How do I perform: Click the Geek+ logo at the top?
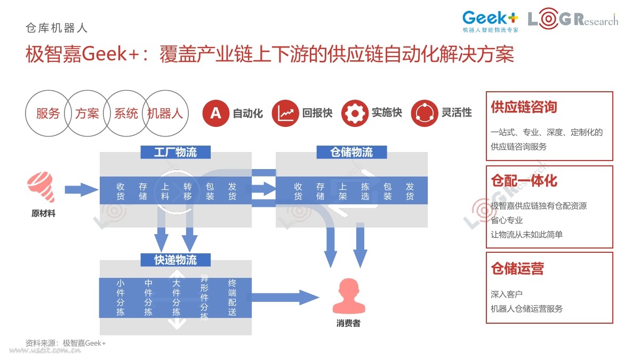tap(490, 21)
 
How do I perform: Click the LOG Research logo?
tap(573, 19)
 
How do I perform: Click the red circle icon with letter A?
tap(215, 113)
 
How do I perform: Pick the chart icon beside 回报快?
tap(285, 113)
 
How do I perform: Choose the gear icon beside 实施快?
tap(355, 113)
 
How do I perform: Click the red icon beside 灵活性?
tap(425, 113)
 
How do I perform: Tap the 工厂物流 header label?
tap(175, 152)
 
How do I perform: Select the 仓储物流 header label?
tap(351, 152)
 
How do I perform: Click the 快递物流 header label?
tap(175, 260)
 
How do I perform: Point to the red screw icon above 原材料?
tap(42, 187)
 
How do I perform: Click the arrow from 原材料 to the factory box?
tap(82, 190)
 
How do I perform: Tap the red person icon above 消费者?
tap(349, 297)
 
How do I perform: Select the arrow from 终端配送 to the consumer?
tap(285, 298)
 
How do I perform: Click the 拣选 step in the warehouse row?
tap(365, 191)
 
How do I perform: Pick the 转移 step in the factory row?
tap(187, 191)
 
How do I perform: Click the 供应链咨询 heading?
tap(524, 107)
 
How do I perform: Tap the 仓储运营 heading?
tap(517, 269)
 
